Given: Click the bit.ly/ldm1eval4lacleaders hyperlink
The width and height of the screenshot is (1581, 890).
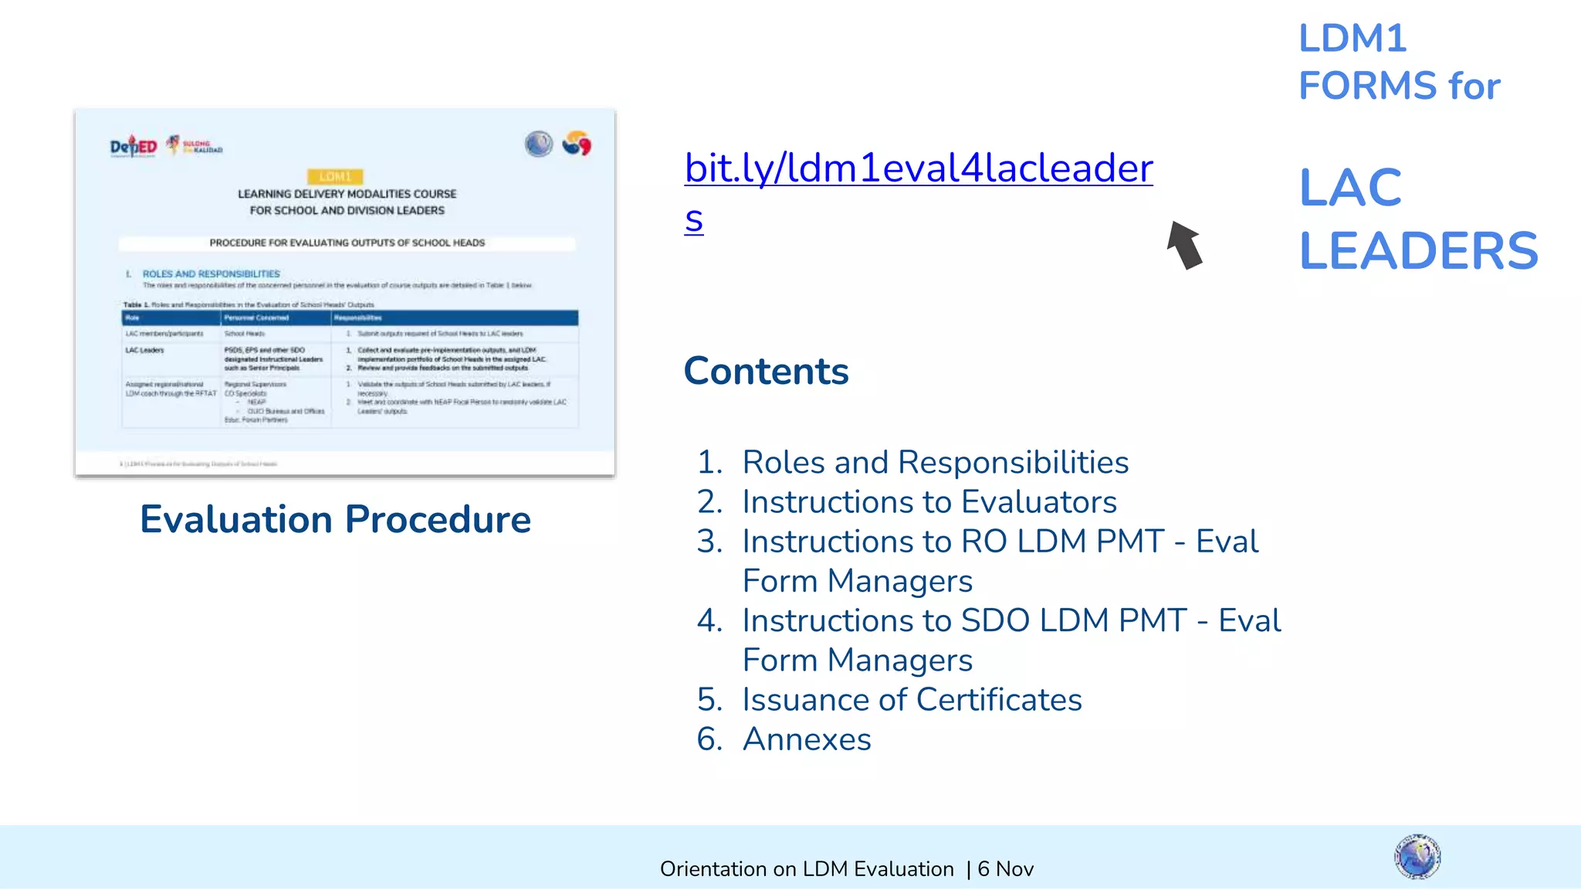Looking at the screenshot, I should [919, 168].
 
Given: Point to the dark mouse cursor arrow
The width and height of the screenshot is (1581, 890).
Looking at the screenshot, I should [1184, 246].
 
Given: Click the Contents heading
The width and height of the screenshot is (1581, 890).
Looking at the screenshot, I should [766, 372].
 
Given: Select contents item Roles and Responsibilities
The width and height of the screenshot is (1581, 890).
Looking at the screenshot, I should [935, 463].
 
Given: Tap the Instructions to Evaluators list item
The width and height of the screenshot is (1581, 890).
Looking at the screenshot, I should [929, 502].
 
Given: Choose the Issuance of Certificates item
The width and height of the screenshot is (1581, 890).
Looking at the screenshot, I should [912, 700].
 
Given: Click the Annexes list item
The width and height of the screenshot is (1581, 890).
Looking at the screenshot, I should [807, 739].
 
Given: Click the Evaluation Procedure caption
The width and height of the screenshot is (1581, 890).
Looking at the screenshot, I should [335, 519].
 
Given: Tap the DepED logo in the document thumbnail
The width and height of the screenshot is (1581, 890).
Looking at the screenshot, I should [134, 145].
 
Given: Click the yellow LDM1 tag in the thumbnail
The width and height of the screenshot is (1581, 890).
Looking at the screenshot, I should [335, 176].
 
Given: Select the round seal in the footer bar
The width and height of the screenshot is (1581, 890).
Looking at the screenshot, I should [1417, 857].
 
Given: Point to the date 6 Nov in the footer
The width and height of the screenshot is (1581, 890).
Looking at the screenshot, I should [1005, 869].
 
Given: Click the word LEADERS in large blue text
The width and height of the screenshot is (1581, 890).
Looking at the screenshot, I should [1418, 251].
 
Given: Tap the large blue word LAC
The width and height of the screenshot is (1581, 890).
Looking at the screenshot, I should [1350, 188].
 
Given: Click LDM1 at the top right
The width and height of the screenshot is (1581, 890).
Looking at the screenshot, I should [1352, 39].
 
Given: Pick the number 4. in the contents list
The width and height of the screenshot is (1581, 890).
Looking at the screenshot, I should [709, 621].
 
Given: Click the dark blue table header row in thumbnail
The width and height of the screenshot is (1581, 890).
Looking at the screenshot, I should [350, 318].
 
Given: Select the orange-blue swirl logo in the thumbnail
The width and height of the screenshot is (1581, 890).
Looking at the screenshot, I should [576, 144].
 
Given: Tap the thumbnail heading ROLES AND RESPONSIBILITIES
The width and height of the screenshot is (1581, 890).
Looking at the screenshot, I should [211, 274].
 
